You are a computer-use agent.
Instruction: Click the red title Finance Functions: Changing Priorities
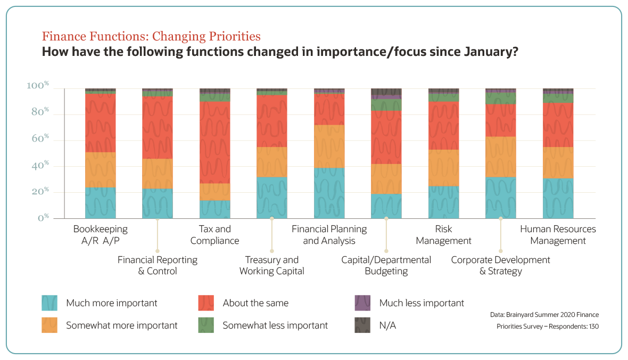151,36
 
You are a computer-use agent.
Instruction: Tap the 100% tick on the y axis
38,86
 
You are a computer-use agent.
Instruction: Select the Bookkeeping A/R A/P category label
100,235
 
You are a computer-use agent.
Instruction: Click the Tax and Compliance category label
214,235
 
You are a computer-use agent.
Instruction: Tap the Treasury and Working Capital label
271,265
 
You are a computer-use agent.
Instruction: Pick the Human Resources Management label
558,235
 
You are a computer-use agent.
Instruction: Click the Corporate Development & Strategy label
500,265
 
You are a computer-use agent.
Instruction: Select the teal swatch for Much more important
49,303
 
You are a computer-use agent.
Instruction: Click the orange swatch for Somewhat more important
49,325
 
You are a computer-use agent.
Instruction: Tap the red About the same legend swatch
206,303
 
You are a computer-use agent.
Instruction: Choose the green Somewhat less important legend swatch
206,325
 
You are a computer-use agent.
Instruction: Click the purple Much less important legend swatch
362,303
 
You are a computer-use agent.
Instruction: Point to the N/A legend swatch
362,325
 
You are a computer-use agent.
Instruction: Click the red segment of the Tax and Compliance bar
214,142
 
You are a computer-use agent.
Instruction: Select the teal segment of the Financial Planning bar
329,193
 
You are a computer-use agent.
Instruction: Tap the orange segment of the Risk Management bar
443,168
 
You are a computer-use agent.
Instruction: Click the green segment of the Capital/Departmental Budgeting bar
386,105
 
